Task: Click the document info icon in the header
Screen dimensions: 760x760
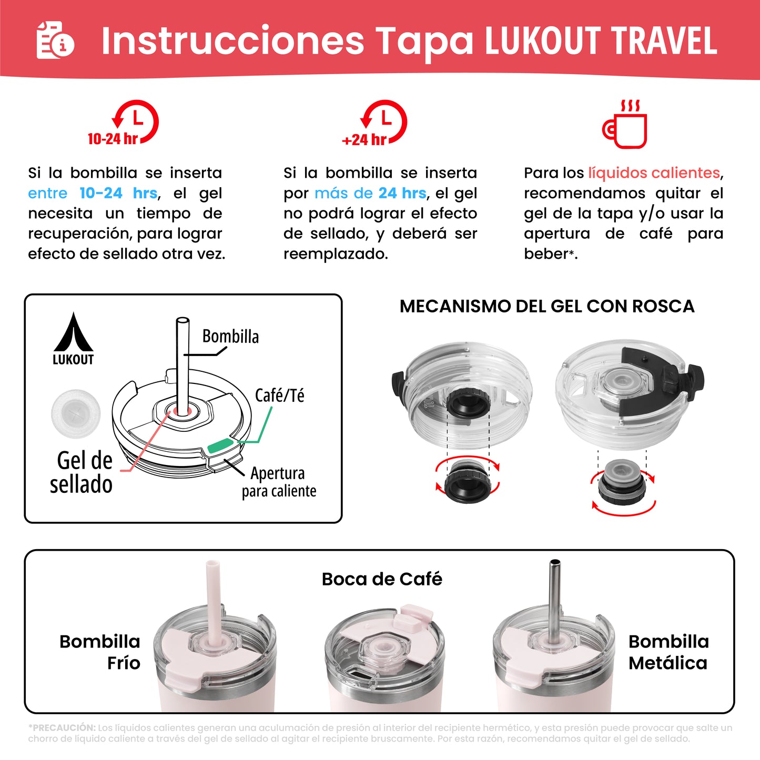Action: click(55, 40)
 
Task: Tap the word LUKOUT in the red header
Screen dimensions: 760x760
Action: click(542, 41)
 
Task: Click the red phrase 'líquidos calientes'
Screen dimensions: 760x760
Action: click(654, 173)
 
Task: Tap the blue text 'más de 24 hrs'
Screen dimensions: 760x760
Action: click(370, 193)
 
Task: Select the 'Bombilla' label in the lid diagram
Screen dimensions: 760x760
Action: click(230, 337)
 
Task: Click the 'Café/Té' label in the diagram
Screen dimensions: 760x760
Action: click(279, 396)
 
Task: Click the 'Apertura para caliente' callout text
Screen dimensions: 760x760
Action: click(278, 482)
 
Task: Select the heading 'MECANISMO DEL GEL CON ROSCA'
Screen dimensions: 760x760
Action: click(546, 306)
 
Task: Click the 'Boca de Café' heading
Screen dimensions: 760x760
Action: click(382, 579)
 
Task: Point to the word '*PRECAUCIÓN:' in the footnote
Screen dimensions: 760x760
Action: click(62, 728)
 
